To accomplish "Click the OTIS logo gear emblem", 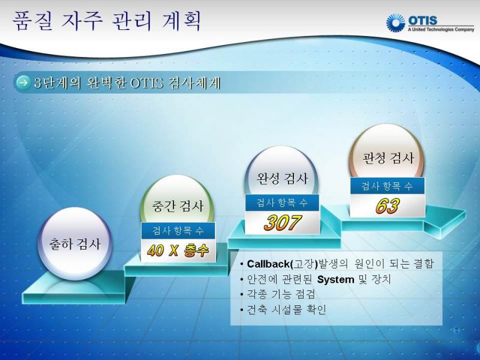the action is click(395, 23).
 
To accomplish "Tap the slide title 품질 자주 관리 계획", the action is click(107, 21).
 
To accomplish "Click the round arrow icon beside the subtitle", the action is click(23, 83).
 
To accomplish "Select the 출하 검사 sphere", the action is click(74, 244).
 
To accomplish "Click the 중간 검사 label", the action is click(178, 206).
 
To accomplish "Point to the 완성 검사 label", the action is click(282, 179).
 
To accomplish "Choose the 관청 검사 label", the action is click(388, 158).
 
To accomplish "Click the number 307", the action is click(283, 223).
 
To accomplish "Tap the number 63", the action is click(388, 206).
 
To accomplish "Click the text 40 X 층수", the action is click(178, 251).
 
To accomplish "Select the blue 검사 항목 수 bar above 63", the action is click(388, 185).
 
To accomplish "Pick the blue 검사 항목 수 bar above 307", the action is click(282, 203).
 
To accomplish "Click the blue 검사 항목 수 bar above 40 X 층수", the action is click(178, 230).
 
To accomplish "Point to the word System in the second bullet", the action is click(335, 280).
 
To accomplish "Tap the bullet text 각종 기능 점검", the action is click(281, 295).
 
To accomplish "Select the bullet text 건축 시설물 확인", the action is click(287, 310).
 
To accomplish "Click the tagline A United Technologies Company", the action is click(441, 29).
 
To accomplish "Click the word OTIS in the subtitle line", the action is click(146, 83).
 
